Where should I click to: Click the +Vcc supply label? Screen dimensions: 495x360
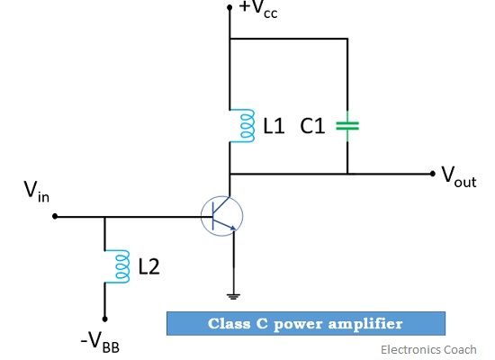click(x=258, y=9)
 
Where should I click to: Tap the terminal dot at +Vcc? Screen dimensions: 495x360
click(x=229, y=7)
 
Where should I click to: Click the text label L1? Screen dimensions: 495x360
click(x=274, y=126)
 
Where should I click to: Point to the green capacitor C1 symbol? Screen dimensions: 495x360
click(x=347, y=126)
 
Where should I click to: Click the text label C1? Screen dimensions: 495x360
click(x=312, y=126)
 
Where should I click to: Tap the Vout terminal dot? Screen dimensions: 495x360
click(x=433, y=174)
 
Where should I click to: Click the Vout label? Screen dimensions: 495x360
click(x=459, y=177)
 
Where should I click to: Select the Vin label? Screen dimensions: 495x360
click(x=37, y=191)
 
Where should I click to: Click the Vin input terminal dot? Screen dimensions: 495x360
click(x=55, y=216)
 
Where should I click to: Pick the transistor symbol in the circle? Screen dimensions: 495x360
click(x=222, y=216)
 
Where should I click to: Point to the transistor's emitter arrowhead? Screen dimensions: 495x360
click(x=233, y=228)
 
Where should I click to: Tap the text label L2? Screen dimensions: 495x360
click(x=149, y=266)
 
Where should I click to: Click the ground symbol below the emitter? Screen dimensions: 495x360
click(x=233, y=296)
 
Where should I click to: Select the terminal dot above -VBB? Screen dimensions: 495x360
click(x=104, y=319)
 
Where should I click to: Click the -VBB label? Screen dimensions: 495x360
click(x=100, y=343)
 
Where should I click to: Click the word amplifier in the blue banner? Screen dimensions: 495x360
click(x=365, y=324)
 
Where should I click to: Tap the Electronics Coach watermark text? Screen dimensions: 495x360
click(x=428, y=350)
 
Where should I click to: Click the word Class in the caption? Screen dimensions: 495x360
click(x=229, y=323)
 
